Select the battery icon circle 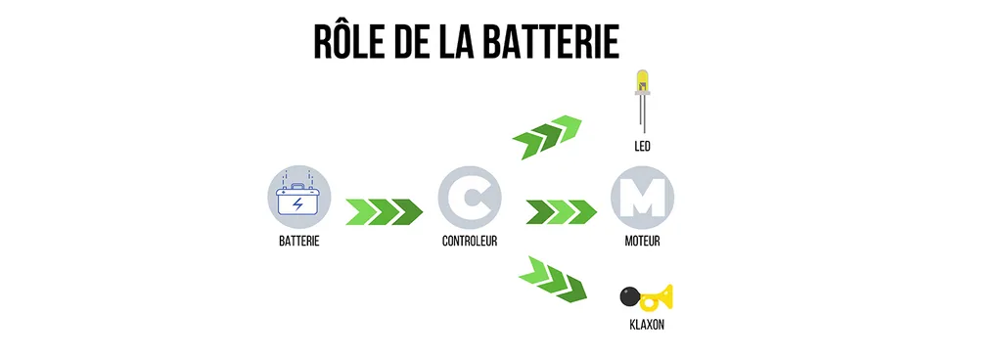(299, 198)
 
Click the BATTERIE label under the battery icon (299, 242)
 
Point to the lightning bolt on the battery (298, 204)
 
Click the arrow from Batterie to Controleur (384, 212)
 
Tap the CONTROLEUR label (470, 242)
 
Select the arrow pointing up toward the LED (546, 136)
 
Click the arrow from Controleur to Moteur (561, 212)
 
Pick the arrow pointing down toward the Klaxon (553, 279)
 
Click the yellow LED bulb (642, 82)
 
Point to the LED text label (642, 146)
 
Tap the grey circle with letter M (642, 198)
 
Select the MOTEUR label (642, 242)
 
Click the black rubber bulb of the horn (630, 296)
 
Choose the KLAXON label (647, 325)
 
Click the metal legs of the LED (642, 113)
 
